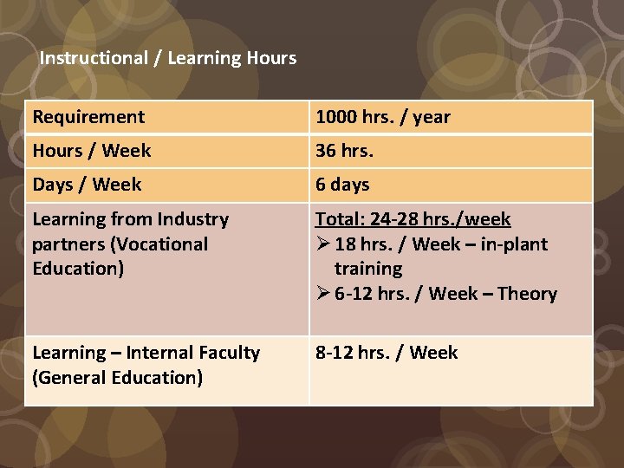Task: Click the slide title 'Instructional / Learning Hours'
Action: [168, 58]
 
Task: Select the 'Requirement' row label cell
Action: [88, 117]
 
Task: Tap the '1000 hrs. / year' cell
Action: [383, 117]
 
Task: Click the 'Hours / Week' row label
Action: [92, 151]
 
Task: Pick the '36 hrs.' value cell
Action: [344, 151]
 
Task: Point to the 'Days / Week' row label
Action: [87, 185]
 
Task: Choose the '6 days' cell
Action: [342, 185]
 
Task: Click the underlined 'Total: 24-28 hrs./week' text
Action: [413, 219]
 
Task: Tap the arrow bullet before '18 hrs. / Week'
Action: [322, 244]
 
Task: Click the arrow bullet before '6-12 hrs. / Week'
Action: [322, 294]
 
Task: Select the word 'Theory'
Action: [527, 294]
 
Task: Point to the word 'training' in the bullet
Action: [368, 269]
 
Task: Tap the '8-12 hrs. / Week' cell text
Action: [387, 353]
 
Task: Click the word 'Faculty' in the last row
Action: [227, 353]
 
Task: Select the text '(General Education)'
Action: [117, 378]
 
